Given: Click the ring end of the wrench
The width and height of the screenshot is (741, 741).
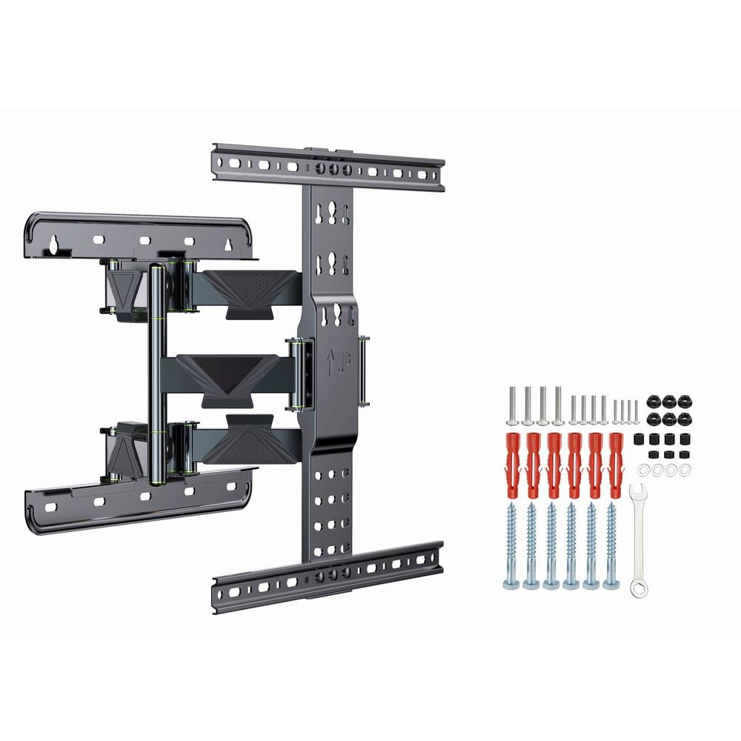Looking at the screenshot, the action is pyautogui.click(x=639, y=588).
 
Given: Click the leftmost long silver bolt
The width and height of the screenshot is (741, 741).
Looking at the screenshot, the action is pyautogui.click(x=512, y=405).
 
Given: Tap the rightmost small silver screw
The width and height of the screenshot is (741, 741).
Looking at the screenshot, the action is pyautogui.click(x=636, y=412).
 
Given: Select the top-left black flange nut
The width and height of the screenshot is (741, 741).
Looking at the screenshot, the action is pyautogui.click(x=654, y=401).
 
